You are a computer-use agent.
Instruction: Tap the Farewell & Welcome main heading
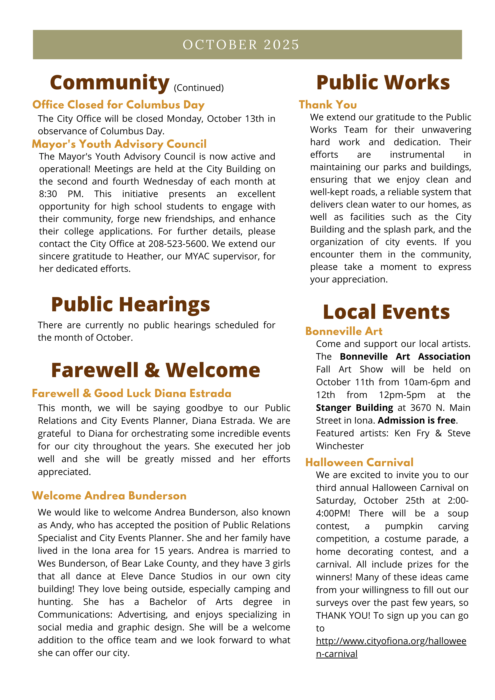(156, 370)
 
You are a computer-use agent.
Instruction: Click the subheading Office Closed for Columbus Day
(118, 105)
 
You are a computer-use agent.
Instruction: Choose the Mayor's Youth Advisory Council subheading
(119, 144)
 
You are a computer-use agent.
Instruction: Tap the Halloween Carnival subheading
(359, 463)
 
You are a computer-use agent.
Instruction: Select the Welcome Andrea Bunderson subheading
(109, 496)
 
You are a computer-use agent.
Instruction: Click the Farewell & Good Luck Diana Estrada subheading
(131, 393)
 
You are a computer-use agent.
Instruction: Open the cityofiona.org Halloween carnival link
(391, 641)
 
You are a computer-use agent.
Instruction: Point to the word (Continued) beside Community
(199, 88)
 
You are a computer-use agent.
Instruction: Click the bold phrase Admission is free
(417, 420)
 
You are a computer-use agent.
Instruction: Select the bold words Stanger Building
(354, 408)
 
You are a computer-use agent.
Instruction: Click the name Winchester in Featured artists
(340, 446)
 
